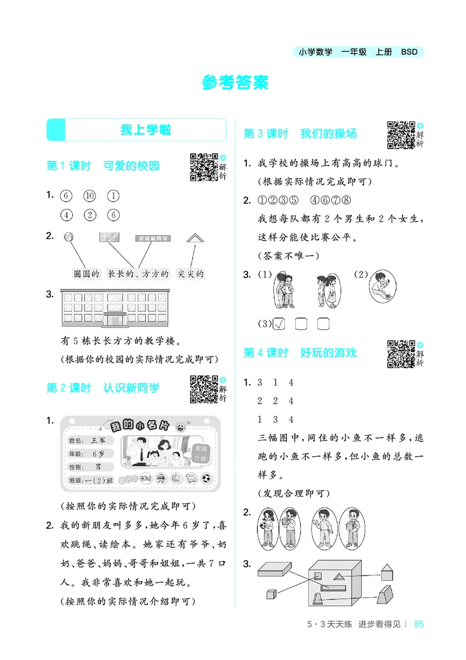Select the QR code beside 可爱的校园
coord(204,167)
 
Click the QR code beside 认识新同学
coord(204,389)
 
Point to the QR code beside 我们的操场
coord(401,135)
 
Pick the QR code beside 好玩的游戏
coord(401,354)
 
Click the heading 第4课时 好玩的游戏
coord(300,353)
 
